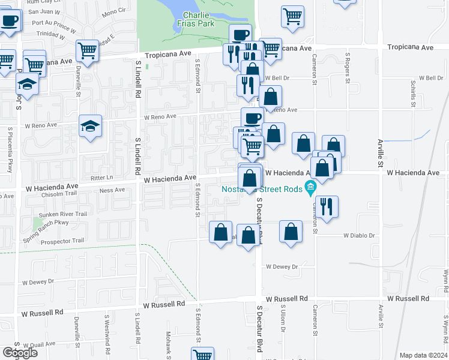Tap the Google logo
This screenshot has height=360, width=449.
(x=20, y=353)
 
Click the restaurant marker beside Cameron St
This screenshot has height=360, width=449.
(x=327, y=206)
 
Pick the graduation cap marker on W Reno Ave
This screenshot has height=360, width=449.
(x=91, y=125)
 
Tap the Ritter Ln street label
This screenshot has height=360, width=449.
(x=101, y=178)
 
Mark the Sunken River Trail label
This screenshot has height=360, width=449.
(x=64, y=214)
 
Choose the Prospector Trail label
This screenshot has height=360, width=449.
(x=62, y=241)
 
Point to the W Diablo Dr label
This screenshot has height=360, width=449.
(x=359, y=236)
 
